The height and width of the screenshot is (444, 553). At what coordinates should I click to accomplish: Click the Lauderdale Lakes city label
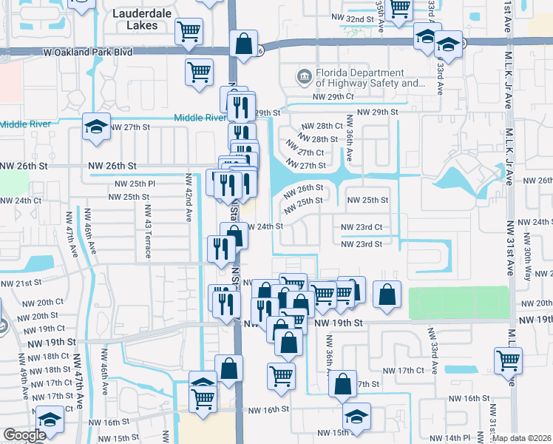pyautogui.click(x=137, y=19)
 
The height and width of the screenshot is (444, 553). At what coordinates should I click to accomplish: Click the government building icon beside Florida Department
pyautogui.click(x=303, y=77)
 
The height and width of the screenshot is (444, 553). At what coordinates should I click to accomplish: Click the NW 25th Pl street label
pyautogui.click(x=135, y=183)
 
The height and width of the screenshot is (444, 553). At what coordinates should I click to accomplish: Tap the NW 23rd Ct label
pyautogui.click(x=362, y=227)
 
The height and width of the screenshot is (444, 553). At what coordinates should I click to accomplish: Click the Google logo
pyautogui.click(x=24, y=435)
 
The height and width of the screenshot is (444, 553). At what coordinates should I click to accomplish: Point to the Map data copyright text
pyautogui.click(x=523, y=438)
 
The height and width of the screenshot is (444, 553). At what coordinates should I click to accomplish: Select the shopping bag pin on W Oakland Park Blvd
pyautogui.click(x=243, y=44)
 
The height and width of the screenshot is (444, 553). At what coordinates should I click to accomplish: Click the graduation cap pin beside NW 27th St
pyautogui.click(x=96, y=127)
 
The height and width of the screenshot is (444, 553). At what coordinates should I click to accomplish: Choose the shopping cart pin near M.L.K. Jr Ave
pyautogui.click(x=509, y=360)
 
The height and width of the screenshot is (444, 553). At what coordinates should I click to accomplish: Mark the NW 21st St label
pyautogui.click(x=18, y=283)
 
